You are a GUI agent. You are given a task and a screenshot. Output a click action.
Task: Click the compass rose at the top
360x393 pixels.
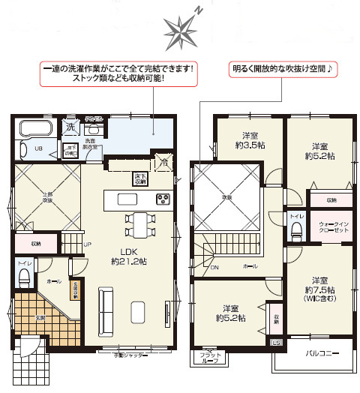point(181,28)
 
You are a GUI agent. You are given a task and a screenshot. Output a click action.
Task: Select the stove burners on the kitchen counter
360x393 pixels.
point(163,199)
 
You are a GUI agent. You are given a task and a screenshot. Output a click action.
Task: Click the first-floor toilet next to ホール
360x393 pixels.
point(23,277)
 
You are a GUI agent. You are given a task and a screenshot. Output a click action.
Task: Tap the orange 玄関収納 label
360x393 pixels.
point(75,287)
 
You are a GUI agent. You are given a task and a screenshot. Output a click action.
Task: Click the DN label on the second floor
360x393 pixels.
point(214,266)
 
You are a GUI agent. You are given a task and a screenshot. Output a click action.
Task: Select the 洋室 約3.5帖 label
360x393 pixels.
point(249,141)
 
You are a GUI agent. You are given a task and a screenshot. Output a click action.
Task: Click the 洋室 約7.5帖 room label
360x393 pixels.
point(320,285)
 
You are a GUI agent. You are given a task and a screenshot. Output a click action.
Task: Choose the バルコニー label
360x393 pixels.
point(321,353)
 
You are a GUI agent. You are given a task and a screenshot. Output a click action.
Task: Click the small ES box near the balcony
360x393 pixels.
point(276,343)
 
